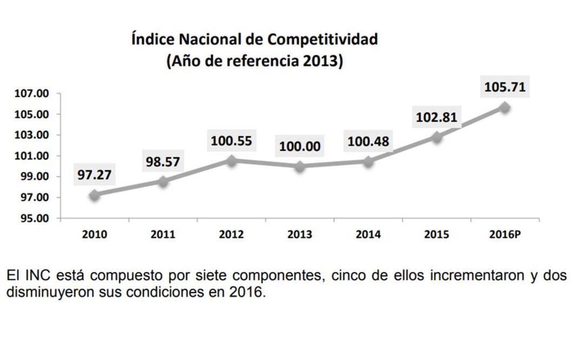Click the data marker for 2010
click(x=95, y=195)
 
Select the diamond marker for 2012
click(x=232, y=161)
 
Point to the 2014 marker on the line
click(x=368, y=161)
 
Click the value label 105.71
click(x=505, y=86)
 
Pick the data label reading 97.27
click(x=95, y=174)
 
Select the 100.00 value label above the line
click(x=300, y=146)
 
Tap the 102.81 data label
click(x=437, y=117)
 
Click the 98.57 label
click(x=163, y=161)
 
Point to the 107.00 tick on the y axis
click(x=31, y=94)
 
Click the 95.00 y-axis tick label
click(x=31, y=219)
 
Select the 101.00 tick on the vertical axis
click(x=31, y=156)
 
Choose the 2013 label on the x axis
click(x=300, y=235)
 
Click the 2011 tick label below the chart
click(x=163, y=235)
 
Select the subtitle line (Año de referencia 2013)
click(x=254, y=61)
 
